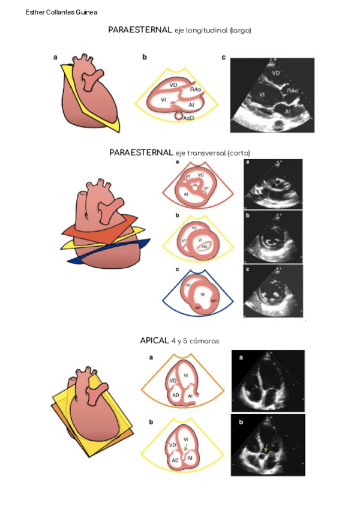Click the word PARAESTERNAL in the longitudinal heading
point(140,29)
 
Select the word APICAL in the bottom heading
point(154,340)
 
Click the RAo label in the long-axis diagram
point(194,89)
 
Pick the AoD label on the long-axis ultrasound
point(278,127)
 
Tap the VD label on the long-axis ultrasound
point(276,73)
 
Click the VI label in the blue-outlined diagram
point(203,295)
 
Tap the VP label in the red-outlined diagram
point(206,188)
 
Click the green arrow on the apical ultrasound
point(266,448)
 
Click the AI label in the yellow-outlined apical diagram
point(190,458)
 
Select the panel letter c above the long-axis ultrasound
point(223,58)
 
